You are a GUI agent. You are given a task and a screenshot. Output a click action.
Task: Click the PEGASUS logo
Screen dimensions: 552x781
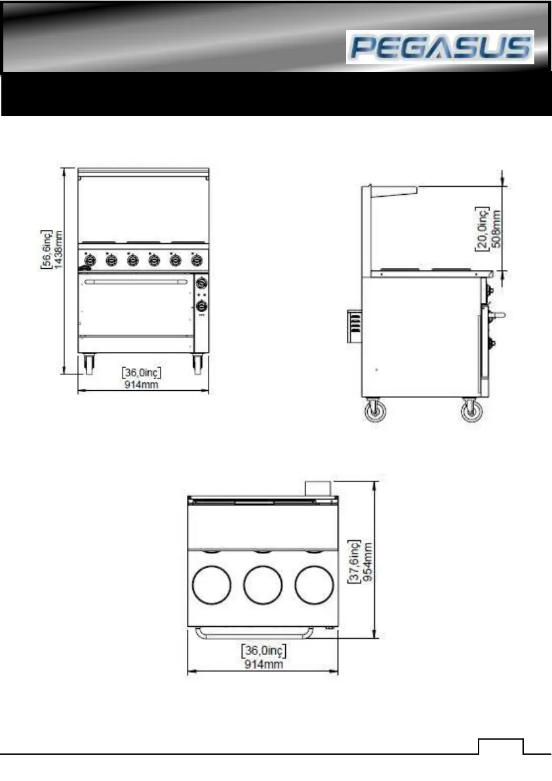tap(440, 47)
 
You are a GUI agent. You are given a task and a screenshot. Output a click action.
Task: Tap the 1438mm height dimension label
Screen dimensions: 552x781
tap(59, 249)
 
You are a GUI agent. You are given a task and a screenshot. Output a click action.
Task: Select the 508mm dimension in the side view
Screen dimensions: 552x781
tap(496, 229)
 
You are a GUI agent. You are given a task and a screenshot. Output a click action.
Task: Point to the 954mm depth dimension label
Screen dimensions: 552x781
tap(368, 562)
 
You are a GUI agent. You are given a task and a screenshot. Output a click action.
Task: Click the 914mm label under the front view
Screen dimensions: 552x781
tap(142, 384)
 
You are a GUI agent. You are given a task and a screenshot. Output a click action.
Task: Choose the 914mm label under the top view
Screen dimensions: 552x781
tap(264, 664)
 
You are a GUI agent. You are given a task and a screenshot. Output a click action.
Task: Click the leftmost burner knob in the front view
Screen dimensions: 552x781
tap(90, 260)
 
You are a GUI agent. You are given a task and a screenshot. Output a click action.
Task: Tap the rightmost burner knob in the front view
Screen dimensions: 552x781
tap(197, 260)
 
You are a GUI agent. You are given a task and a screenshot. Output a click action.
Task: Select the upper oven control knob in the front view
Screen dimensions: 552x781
tap(201, 283)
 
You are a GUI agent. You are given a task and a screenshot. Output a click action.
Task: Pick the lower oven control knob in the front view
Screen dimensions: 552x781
tap(201, 306)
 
